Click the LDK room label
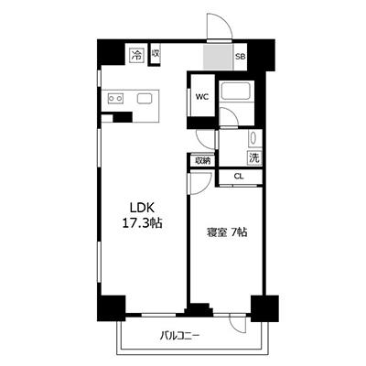142,208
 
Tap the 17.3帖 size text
142,224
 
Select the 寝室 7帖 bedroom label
227,232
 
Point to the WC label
202,97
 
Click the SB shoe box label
240,57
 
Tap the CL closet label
239,177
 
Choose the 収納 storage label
203,160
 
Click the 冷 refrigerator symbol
136,56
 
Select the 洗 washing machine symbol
254,157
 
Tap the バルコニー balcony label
180,336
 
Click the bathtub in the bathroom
237,91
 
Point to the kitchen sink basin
143,99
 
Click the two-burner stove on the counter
116,99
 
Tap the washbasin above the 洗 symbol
253,139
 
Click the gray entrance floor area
218,57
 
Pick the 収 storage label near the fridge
155,54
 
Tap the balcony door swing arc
236,325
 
